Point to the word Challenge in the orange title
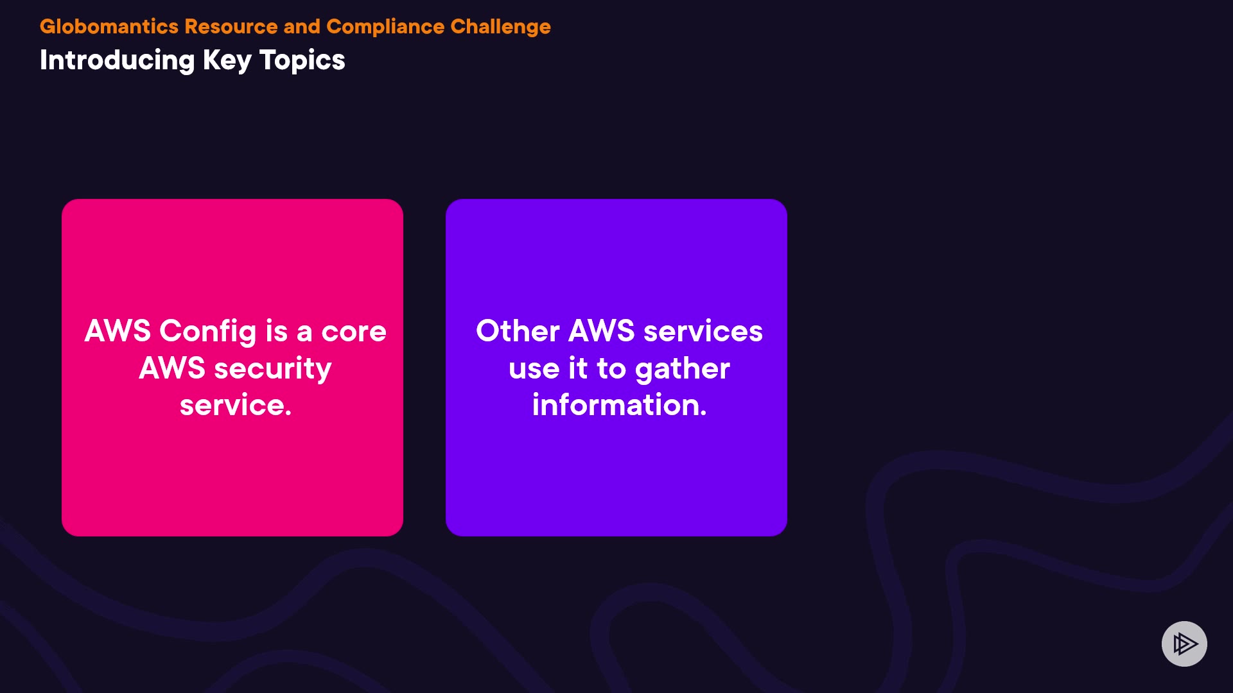(x=500, y=26)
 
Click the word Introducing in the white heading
(x=117, y=60)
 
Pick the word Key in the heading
(x=227, y=60)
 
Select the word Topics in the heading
(x=302, y=60)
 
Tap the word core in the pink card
(x=353, y=332)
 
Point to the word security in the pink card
(x=272, y=369)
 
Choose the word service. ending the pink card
(x=235, y=406)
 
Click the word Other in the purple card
(x=518, y=332)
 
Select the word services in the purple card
(x=703, y=332)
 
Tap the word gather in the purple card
(x=682, y=369)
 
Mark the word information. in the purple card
(x=619, y=406)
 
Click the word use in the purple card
(x=534, y=369)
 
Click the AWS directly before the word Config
(x=118, y=332)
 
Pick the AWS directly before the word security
(x=171, y=369)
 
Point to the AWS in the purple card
(x=601, y=332)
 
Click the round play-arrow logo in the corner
(x=1184, y=644)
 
